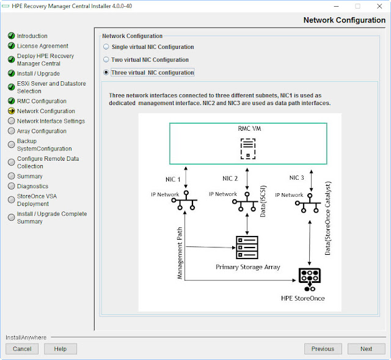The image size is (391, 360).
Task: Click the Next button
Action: (x=366, y=348)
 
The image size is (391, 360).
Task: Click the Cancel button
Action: (x=22, y=348)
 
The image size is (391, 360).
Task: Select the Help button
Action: (x=60, y=348)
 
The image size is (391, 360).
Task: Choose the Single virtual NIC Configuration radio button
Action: (x=107, y=47)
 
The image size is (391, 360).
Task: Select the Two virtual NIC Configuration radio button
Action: (x=107, y=60)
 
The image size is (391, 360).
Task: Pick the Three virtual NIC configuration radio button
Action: (x=107, y=73)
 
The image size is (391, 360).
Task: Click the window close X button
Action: (x=378, y=6)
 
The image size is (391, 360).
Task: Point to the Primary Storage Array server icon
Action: (x=247, y=248)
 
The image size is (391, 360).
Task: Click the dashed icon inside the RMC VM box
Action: (x=247, y=147)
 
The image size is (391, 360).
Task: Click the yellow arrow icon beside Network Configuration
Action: (x=11, y=111)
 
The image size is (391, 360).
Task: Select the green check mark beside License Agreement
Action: (x=11, y=46)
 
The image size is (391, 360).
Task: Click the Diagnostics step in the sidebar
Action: (x=32, y=186)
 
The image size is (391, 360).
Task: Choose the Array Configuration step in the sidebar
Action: (x=42, y=131)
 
